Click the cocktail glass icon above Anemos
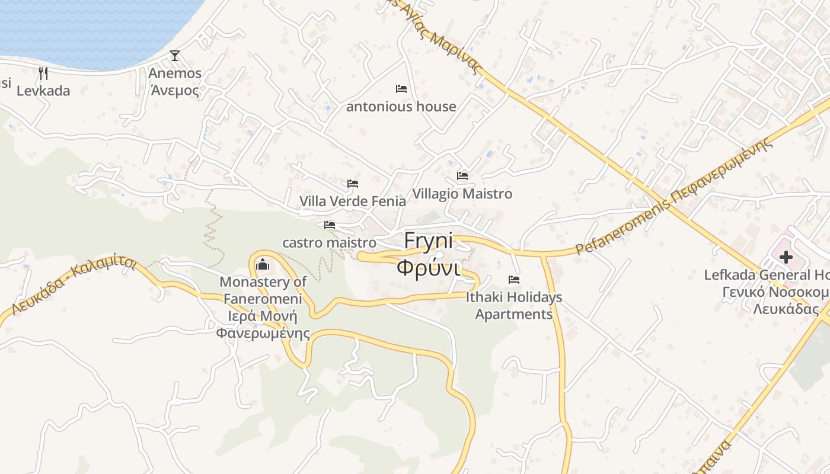pyautogui.click(x=174, y=56)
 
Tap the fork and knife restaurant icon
pyautogui.click(x=43, y=73)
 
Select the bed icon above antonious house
pyautogui.click(x=401, y=89)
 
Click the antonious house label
pyautogui.click(x=401, y=107)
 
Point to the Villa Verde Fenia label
pyautogui.click(x=353, y=201)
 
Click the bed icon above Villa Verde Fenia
pyautogui.click(x=353, y=184)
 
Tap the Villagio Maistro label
pyautogui.click(x=462, y=194)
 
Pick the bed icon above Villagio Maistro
pyautogui.click(x=462, y=176)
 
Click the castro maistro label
pyautogui.click(x=329, y=243)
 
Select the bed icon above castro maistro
pyautogui.click(x=330, y=225)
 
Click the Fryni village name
pyautogui.click(x=428, y=241)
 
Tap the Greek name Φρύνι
pyautogui.click(x=428, y=268)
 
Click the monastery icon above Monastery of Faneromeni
pyautogui.click(x=262, y=264)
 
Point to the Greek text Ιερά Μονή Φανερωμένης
pyautogui.click(x=263, y=325)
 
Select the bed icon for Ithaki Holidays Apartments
pyautogui.click(x=514, y=280)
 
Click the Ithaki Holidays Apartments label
pyautogui.click(x=514, y=306)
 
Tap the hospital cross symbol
pyautogui.click(x=786, y=257)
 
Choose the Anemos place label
pyautogui.click(x=175, y=73)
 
